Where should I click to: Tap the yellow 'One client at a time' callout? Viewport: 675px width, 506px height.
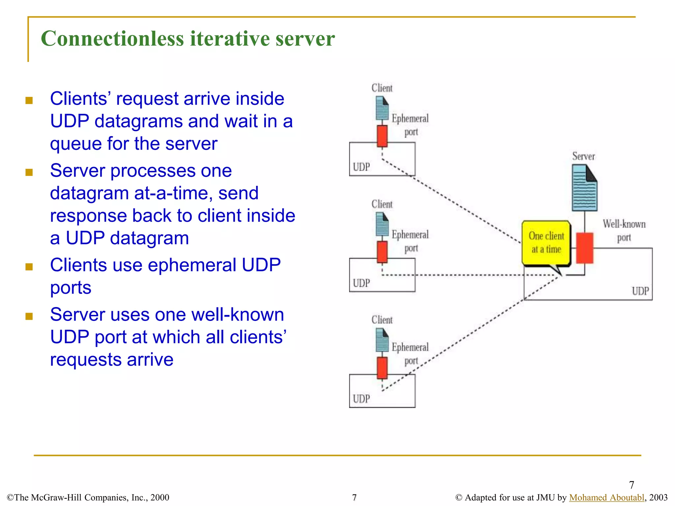click(x=546, y=243)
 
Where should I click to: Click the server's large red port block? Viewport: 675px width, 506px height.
click(x=584, y=248)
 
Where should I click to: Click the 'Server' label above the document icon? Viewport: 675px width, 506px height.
click(x=583, y=156)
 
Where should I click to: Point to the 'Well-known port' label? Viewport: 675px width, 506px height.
click(x=624, y=230)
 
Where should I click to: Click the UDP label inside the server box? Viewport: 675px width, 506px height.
click(x=640, y=291)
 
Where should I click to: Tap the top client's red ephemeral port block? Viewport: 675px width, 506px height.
click(x=382, y=136)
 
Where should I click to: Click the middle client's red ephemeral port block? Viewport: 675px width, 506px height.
click(x=382, y=252)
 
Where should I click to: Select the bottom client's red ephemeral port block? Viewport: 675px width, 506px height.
click(x=382, y=368)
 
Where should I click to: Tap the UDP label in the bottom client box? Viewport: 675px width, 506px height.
click(x=361, y=399)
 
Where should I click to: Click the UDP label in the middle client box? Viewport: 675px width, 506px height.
click(x=361, y=283)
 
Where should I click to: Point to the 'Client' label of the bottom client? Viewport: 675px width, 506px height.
click(x=382, y=320)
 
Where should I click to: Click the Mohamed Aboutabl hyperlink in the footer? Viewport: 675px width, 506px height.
click(x=606, y=497)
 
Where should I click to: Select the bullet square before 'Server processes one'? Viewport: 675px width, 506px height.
click(x=29, y=172)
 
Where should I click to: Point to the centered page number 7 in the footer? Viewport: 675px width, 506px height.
click(x=354, y=497)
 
